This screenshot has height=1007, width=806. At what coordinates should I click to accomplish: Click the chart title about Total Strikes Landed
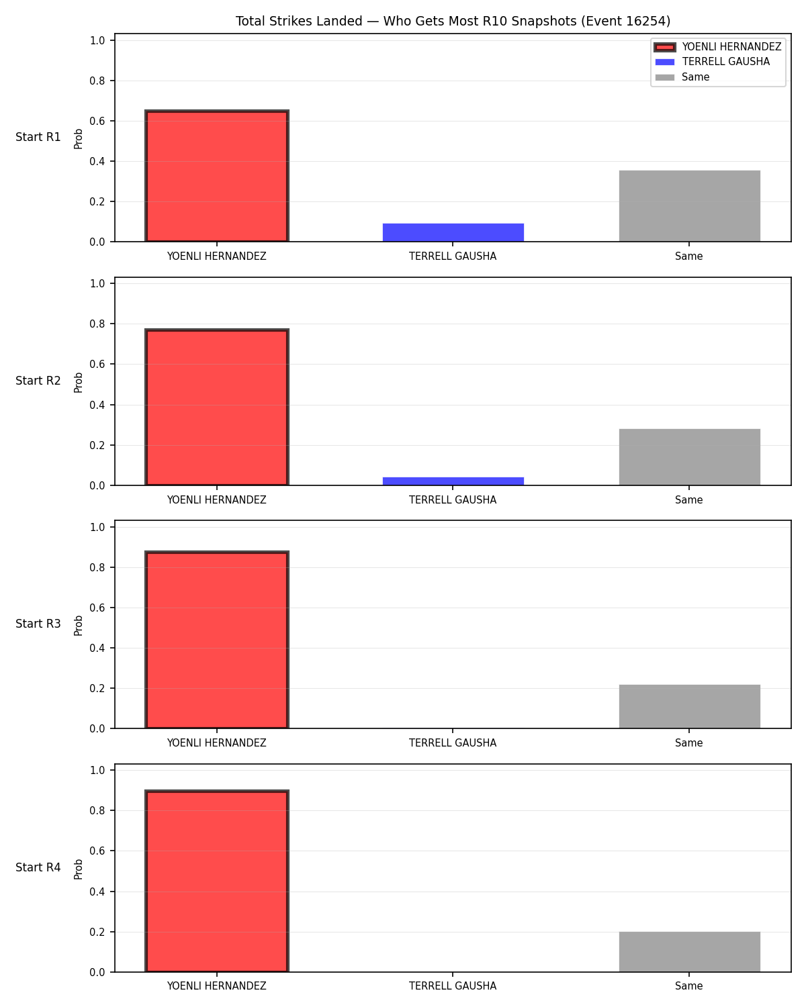(453, 21)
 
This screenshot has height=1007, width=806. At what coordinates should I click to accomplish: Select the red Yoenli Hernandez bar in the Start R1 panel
(217, 176)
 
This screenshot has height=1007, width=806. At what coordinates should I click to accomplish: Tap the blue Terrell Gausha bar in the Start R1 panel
(453, 232)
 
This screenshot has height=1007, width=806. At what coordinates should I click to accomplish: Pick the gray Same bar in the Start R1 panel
(689, 206)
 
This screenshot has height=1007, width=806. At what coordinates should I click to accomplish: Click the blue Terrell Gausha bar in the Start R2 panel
(453, 481)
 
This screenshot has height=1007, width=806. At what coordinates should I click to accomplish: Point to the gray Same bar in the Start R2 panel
(689, 457)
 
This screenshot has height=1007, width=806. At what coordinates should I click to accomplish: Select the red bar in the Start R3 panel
(217, 640)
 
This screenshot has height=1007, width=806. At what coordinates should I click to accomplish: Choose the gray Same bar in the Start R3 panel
(689, 707)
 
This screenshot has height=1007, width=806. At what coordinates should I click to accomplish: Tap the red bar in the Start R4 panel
(217, 881)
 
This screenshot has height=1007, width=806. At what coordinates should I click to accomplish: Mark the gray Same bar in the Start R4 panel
(689, 952)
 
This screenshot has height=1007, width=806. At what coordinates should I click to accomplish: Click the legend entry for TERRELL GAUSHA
(713, 62)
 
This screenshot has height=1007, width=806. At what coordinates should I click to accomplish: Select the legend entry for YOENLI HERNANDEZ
(718, 47)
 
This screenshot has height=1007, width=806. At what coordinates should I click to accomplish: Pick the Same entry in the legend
(682, 77)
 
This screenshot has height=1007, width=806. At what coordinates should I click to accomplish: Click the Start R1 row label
(38, 137)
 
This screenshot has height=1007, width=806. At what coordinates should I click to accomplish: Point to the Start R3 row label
(38, 624)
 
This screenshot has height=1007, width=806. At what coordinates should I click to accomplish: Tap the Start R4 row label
(38, 867)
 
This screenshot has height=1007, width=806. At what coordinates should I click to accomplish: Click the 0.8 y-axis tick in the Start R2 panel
(97, 324)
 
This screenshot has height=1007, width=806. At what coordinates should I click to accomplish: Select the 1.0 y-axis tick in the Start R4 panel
(97, 771)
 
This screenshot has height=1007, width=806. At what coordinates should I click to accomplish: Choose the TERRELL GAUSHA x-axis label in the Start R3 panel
(453, 743)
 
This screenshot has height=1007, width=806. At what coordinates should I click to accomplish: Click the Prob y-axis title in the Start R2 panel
(78, 383)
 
